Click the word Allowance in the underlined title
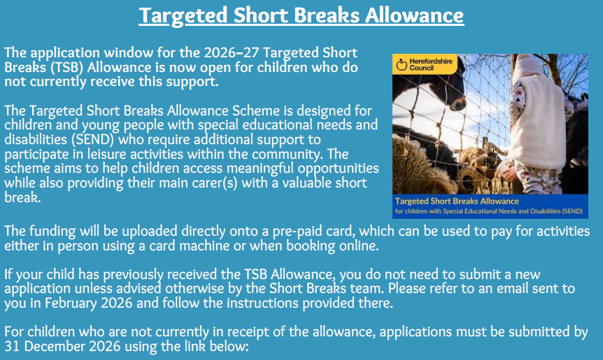tap(414, 15)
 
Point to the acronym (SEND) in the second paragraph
tap(92, 140)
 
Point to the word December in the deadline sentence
tap(55, 346)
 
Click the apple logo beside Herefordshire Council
tap(402, 64)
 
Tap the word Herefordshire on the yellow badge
tap(431, 61)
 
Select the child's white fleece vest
tap(539, 122)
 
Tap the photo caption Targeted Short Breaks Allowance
tap(457, 201)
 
